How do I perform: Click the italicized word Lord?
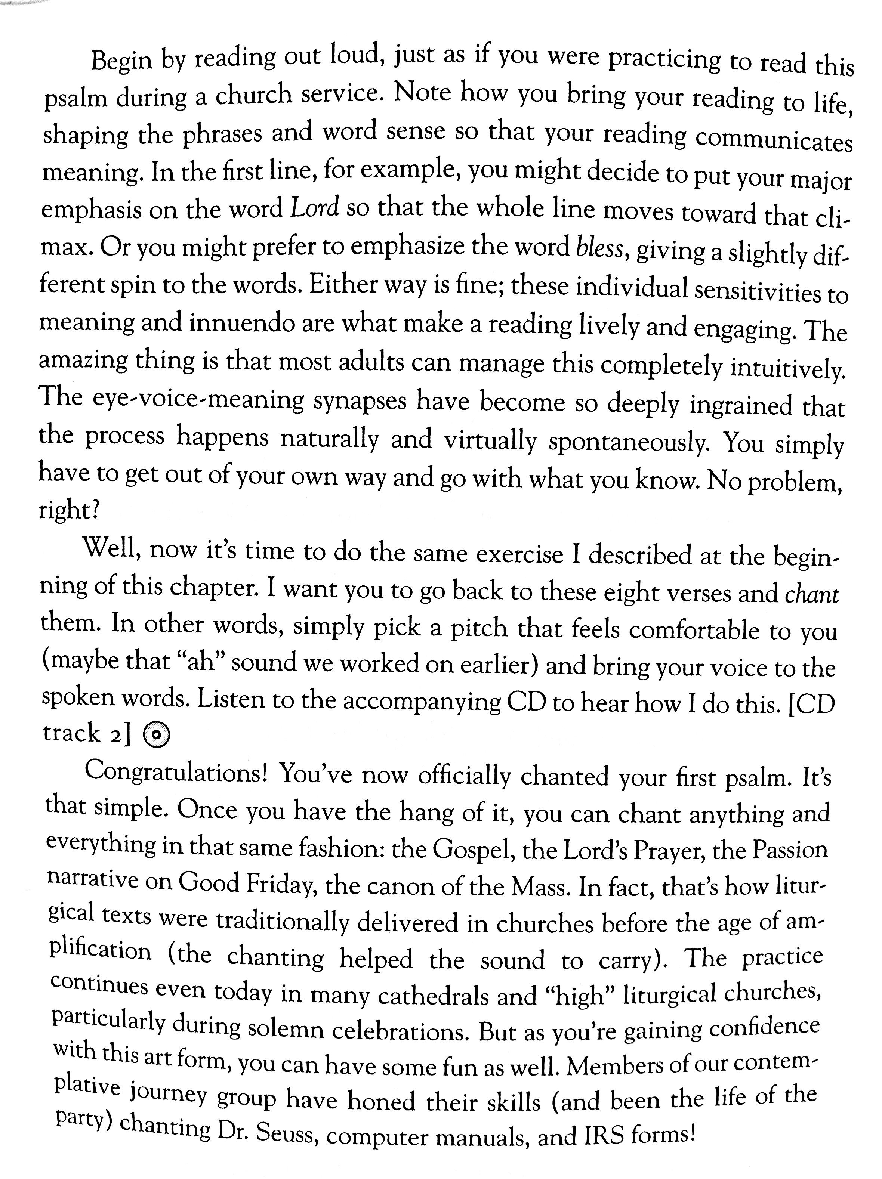coord(315,208)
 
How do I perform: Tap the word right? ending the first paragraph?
coord(69,511)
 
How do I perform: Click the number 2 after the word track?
coord(117,734)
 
